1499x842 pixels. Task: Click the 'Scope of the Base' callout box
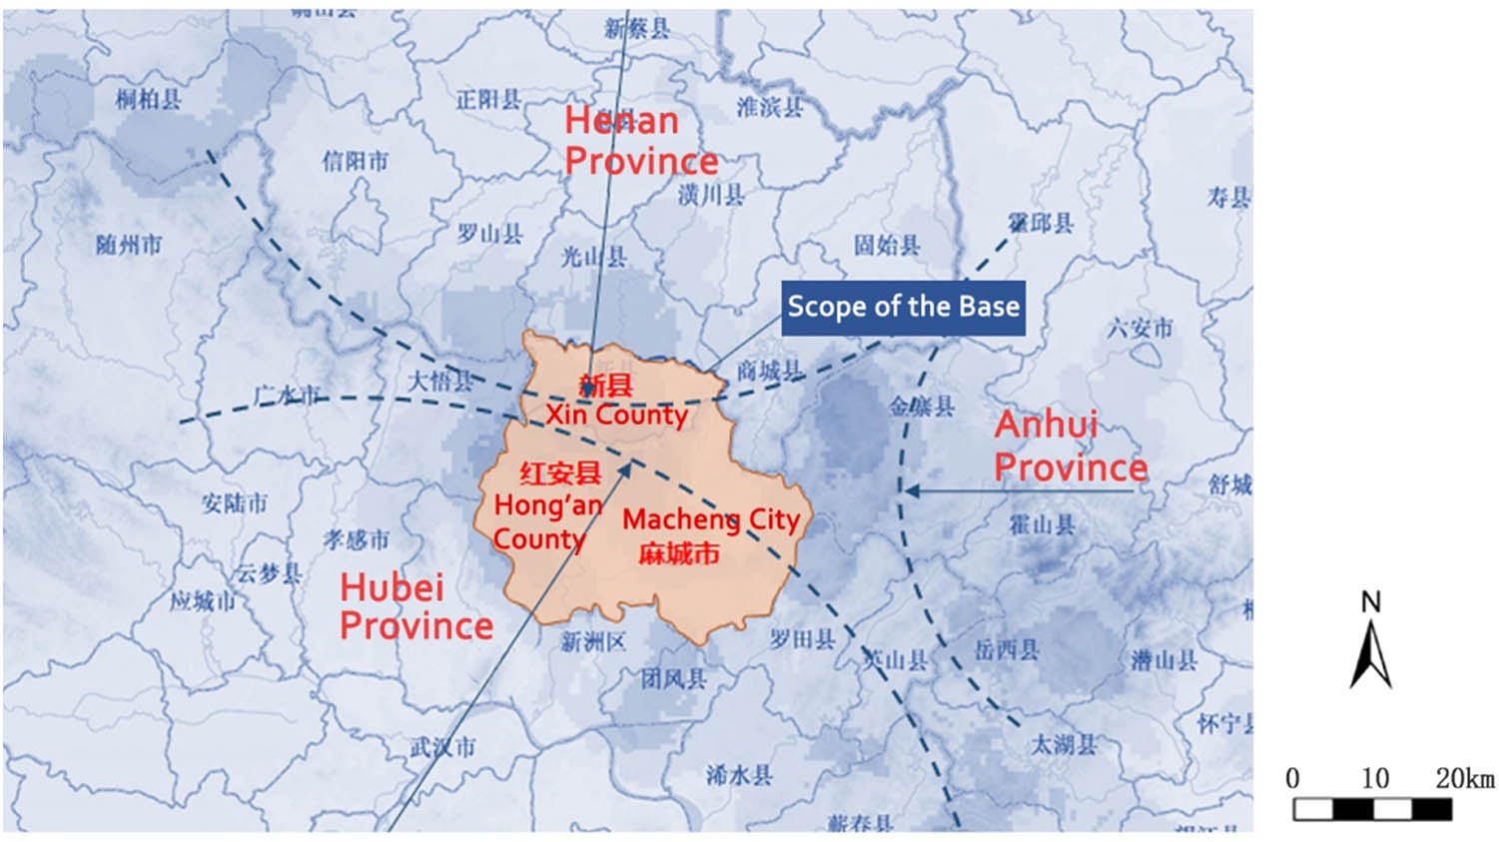[903, 308]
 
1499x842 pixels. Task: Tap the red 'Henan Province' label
[640, 141]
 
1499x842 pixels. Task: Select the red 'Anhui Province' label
[1070, 445]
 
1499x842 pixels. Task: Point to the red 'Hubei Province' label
[415, 605]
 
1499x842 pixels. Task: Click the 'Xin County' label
[616, 414]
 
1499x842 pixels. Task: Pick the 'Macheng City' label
[710, 519]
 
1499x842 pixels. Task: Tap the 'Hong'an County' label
[547, 521]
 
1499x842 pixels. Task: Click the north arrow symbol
[1371, 644]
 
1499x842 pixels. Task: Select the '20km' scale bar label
[1464, 778]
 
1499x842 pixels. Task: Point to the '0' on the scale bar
[1292, 778]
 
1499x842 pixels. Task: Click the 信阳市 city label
[355, 161]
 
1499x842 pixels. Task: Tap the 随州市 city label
[129, 245]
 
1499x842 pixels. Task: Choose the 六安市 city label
[1139, 328]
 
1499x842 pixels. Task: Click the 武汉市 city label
[442, 746]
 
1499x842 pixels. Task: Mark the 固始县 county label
[887, 245]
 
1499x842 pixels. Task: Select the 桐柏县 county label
[148, 98]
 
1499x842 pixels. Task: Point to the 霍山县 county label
[1042, 523]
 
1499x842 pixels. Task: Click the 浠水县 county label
[739, 774]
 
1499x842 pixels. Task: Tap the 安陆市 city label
[235, 502]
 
